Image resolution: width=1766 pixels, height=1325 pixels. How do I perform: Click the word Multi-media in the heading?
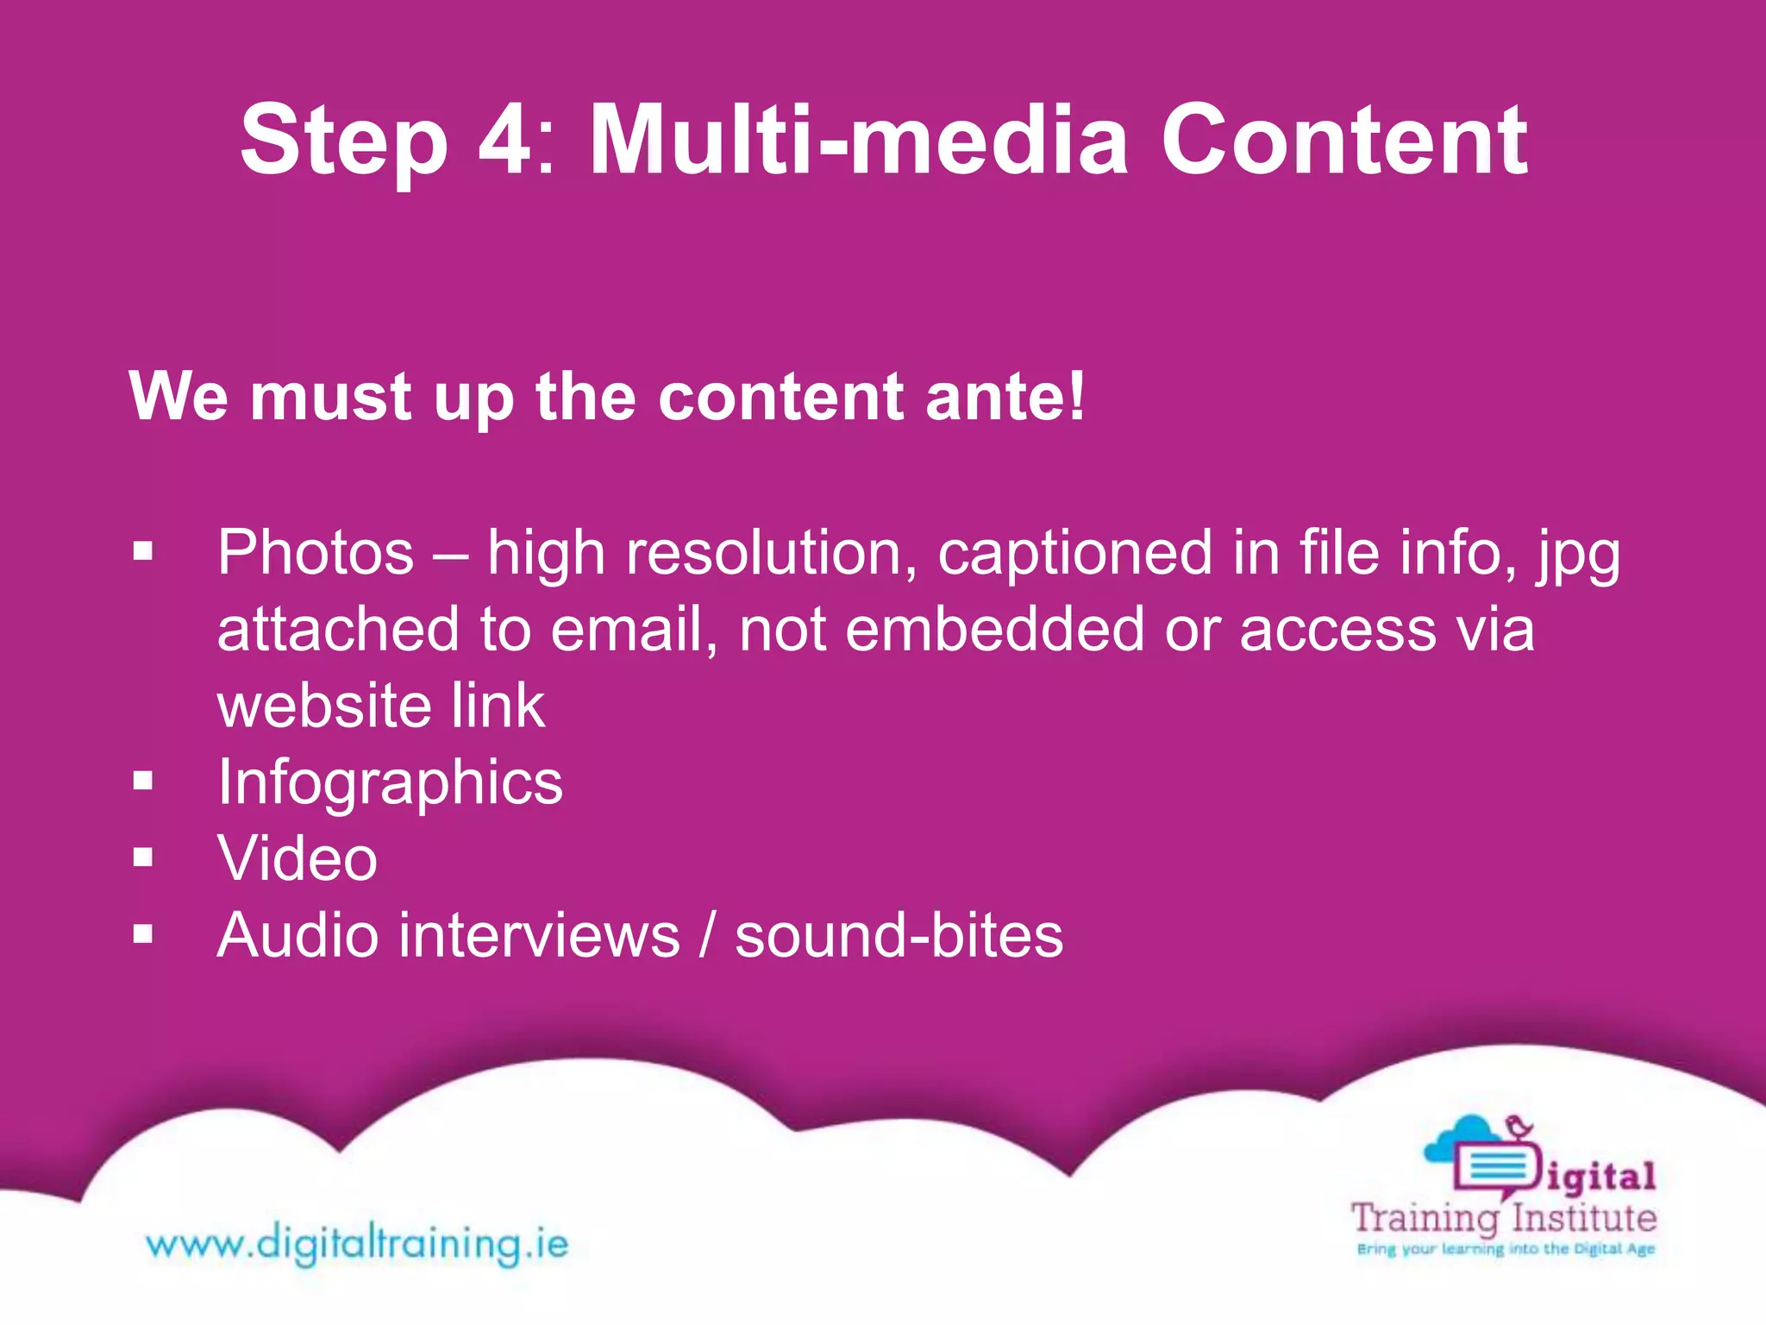pos(858,140)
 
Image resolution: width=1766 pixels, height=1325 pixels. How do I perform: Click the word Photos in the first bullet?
pos(316,552)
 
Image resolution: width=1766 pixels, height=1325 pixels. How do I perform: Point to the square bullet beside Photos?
pos(143,551)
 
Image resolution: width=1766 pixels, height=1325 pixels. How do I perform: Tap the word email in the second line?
pos(634,629)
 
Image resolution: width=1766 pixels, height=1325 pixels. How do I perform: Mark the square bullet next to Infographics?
pos(143,782)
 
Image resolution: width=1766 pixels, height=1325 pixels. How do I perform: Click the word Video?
pos(297,858)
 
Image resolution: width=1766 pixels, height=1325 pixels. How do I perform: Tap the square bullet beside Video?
pos(143,857)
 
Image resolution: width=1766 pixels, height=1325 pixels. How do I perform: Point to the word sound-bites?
pos(899,935)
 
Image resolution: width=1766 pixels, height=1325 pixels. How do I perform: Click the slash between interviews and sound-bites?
pos(707,935)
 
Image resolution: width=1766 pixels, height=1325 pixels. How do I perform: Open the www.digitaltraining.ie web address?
pos(357,1244)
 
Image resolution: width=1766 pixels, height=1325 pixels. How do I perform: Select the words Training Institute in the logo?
pos(1503,1219)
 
